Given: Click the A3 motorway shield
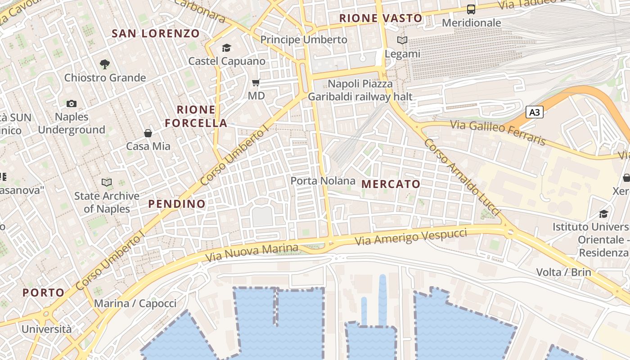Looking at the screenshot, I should (x=534, y=112).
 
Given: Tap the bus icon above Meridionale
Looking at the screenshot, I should (x=471, y=9).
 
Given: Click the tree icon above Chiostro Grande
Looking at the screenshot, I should (x=105, y=64).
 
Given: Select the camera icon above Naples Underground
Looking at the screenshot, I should (x=71, y=104).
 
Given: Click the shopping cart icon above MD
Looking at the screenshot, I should (x=256, y=82).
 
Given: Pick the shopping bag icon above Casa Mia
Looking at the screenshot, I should (x=148, y=133).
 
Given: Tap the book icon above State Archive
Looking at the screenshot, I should (x=107, y=182).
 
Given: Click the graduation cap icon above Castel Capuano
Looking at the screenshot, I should (x=226, y=48).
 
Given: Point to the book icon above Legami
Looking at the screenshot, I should (x=402, y=40).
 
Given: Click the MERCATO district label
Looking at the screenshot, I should (x=391, y=184).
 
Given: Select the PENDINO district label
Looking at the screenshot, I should (x=177, y=204).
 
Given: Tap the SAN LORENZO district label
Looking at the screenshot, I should (x=155, y=33).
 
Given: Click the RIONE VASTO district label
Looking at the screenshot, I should (x=381, y=18).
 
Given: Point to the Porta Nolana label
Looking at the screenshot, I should (x=323, y=181).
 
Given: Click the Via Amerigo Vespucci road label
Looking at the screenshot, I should (x=411, y=237).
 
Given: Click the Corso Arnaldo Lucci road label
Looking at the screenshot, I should (x=462, y=176).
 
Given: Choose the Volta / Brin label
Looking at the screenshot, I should (x=563, y=272).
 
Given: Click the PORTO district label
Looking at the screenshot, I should (x=44, y=292).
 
